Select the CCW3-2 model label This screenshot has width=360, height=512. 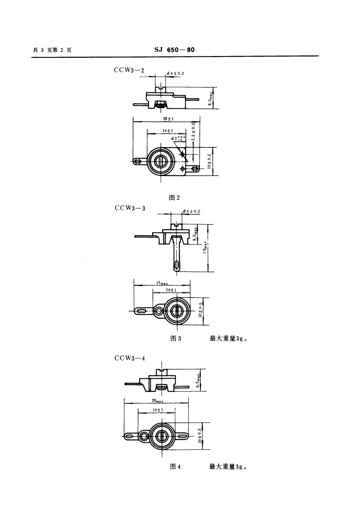tap(129, 70)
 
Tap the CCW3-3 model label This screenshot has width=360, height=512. tap(130, 208)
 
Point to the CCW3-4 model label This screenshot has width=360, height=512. tap(130, 358)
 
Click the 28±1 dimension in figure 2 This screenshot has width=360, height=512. tap(166, 119)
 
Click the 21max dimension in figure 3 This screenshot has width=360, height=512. tap(162, 283)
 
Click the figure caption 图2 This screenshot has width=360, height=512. tap(175, 197)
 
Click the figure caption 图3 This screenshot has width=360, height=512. tap(176, 338)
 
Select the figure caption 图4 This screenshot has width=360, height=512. tap(175, 467)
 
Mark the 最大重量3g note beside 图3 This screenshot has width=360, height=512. tap(229, 339)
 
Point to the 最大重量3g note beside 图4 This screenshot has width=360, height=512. tap(228, 467)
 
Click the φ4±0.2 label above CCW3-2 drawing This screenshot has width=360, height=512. tap(175, 73)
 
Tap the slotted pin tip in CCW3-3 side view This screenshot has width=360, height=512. tap(177, 265)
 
